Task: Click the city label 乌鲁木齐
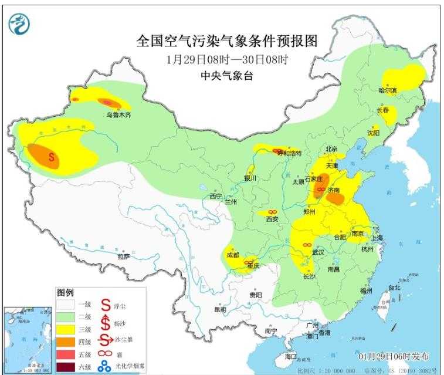click(118, 116)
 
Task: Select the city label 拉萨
click(123, 256)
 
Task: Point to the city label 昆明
click(219, 309)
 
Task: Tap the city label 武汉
click(318, 251)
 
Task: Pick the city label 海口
click(291, 356)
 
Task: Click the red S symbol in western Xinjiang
click(52, 157)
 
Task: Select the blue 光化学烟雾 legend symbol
click(104, 367)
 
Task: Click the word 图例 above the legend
click(65, 292)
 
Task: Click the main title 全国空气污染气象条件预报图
click(226, 42)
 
